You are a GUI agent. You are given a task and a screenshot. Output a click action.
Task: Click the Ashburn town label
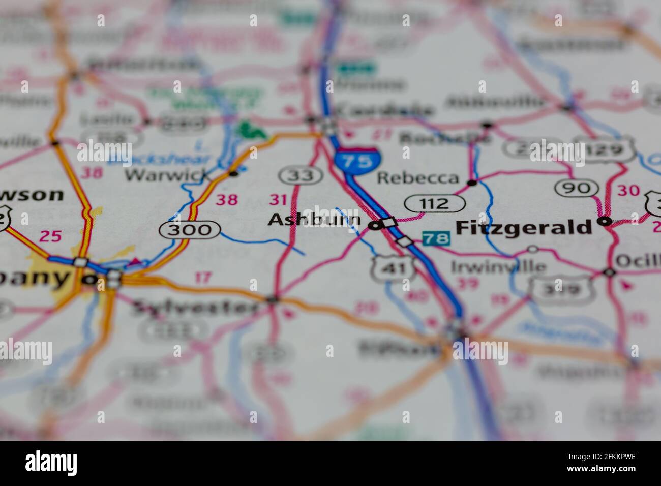[x=314, y=220]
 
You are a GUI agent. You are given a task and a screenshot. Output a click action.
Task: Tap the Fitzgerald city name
[x=524, y=227]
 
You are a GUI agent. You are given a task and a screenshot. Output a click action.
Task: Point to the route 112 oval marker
[x=435, y=204]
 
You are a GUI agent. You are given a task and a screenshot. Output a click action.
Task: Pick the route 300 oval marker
[x=189, y=230]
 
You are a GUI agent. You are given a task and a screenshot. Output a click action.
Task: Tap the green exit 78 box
[x=436, y=238]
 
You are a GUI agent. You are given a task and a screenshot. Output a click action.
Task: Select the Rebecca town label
[x=418, y=178]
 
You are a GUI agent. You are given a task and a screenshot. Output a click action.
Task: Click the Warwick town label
[x=168, y=176]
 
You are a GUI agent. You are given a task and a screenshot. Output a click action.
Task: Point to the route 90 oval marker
[x=576, y=189]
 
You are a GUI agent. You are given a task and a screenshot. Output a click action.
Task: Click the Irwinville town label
[x=499, y=266]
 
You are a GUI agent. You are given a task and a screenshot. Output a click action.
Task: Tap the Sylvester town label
[x=196, y=308]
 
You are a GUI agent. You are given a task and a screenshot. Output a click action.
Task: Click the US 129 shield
[x=609, y=149]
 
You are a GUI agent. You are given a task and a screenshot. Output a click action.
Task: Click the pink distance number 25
[x=50, y=236]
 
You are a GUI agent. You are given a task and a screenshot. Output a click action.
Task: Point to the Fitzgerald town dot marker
[x=604, y=222]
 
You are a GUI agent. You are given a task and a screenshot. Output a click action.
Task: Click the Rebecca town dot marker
[x=472, y=183]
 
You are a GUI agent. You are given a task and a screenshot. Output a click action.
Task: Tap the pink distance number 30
[x=628, y=191]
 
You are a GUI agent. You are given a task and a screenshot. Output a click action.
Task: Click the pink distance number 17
[x=203, y=278]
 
